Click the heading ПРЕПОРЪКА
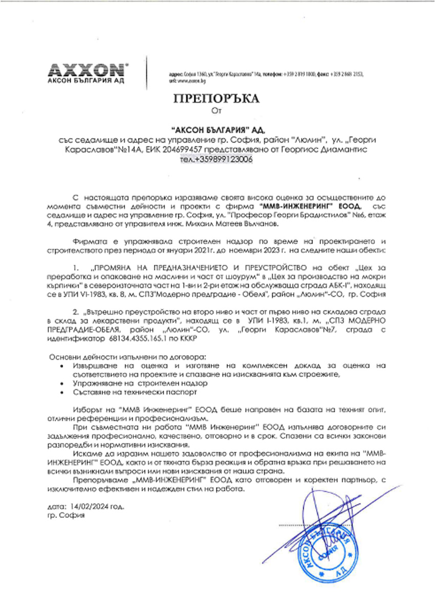pyautogui.click(x=217, y=99)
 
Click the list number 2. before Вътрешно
pyautogui.click(x=76, y=312)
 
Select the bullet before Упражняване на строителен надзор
pyautogui.click(x=62, y=383)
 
